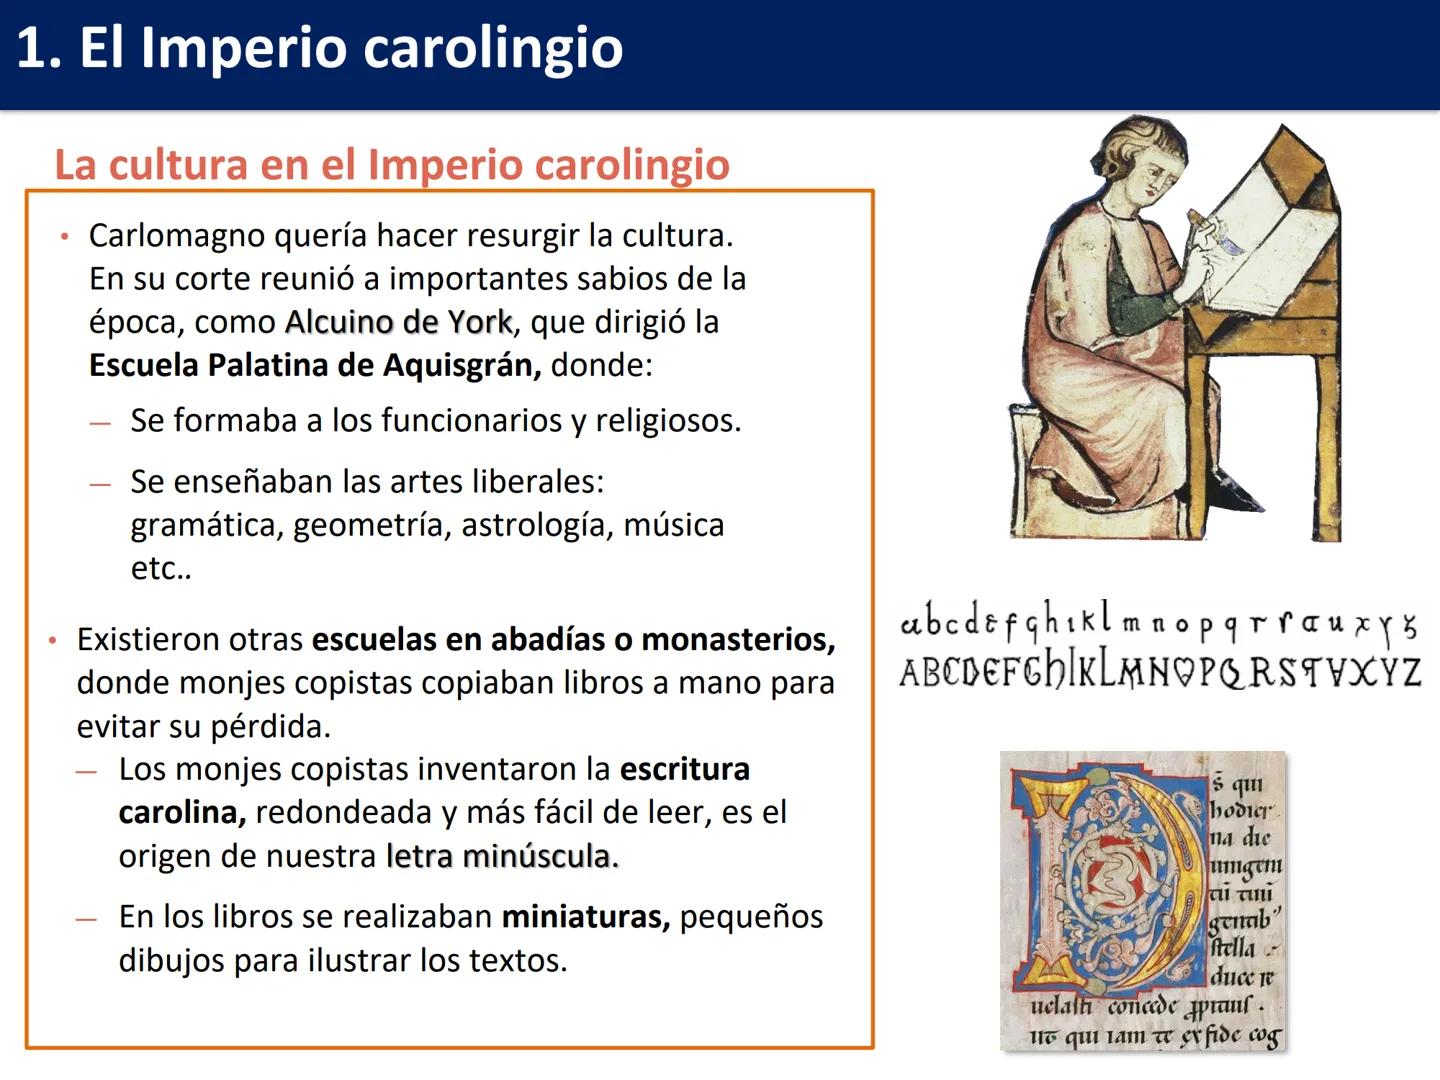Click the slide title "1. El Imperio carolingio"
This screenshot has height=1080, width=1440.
pyautogui.click(x=320, y=48)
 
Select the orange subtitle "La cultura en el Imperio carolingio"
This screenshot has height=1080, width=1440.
pyautogui.click(x=392, y=165)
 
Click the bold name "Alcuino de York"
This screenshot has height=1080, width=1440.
pyautogui.click(x=398, y=322)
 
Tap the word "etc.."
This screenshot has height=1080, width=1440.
pyautogui.click(x=161, y=569)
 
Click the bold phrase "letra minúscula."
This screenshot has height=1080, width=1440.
pyautogui.click(x=502, y=857)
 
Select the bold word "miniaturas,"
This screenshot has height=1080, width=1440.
pyautogui.click(x=585, y=917)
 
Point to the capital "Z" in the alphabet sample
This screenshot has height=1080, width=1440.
pyautogui.click(x=1408, y=672)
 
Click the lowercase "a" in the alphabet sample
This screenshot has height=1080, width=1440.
pyautogui.click(x=911, y=625)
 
